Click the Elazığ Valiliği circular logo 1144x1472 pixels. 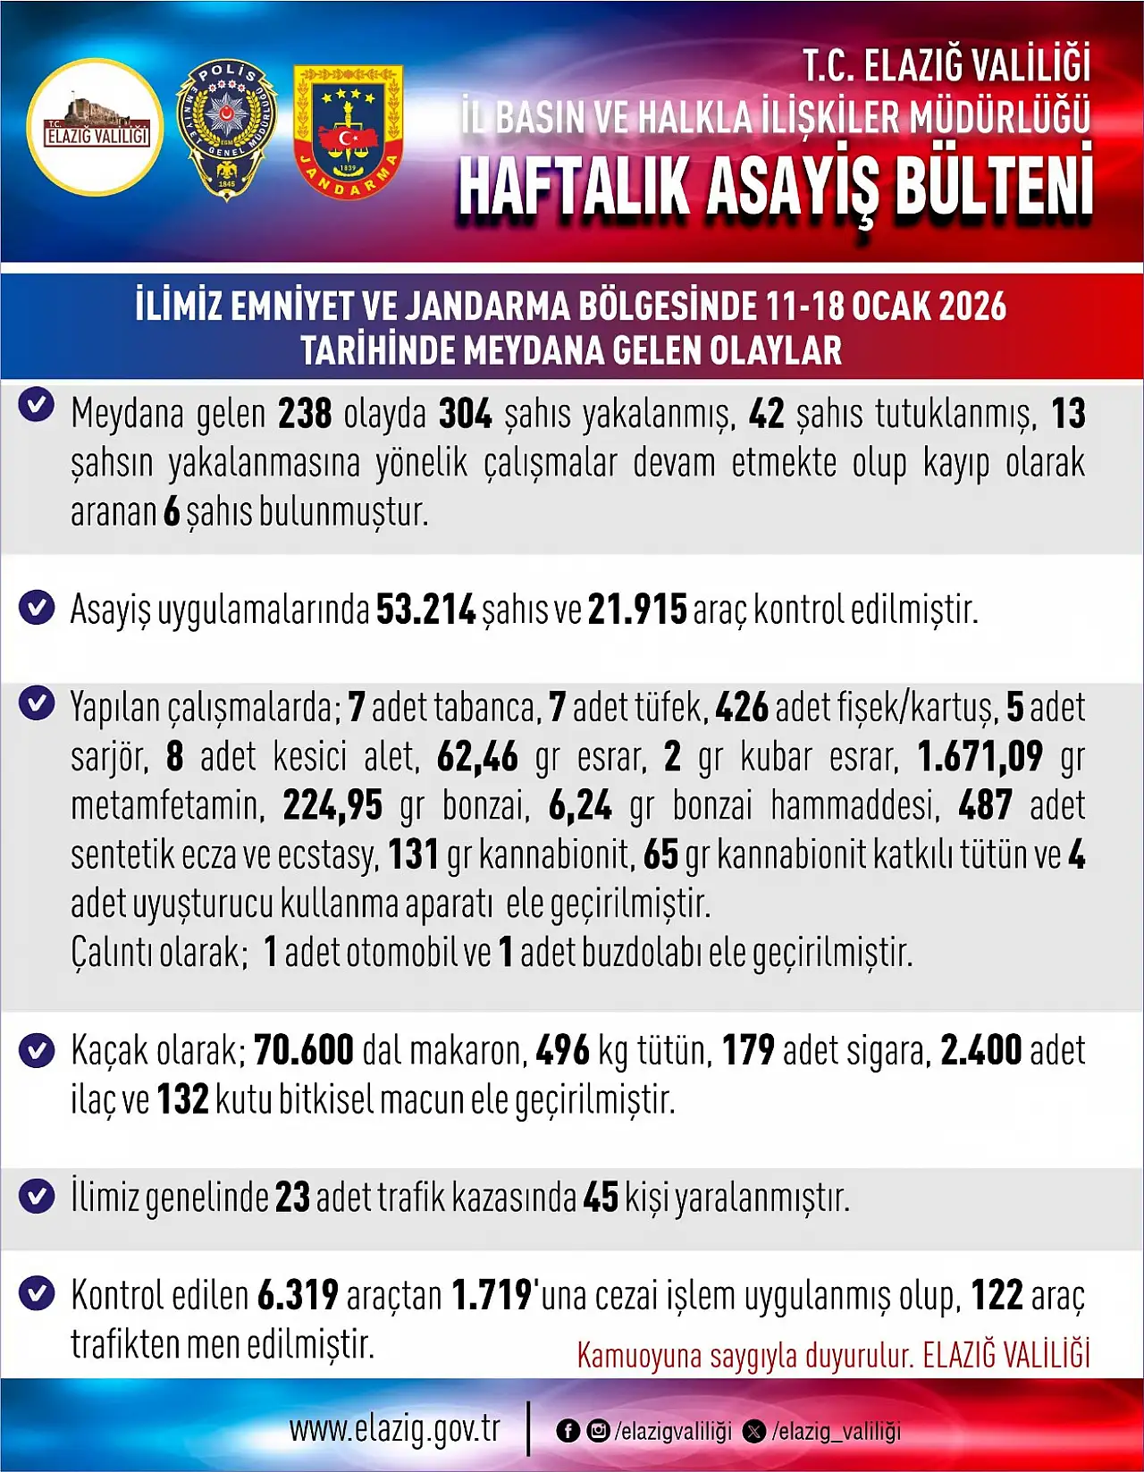[96, 127]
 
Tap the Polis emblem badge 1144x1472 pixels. [227, 130]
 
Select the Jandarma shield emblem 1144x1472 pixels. [348, 131]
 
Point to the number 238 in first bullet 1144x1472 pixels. [305, 415]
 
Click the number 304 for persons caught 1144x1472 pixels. [465, 415]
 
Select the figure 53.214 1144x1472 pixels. [425, 610]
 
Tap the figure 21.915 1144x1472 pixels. [637, 610]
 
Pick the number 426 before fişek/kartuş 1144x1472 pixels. [742, 708]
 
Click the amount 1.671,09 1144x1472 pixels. [980, 757]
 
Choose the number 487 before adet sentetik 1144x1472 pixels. [985, 806]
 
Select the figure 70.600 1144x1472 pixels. [304, 1051]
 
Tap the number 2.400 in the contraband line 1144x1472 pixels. [980, 1051]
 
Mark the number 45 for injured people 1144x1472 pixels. [601, 1198]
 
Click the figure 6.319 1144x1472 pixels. [298, 1295]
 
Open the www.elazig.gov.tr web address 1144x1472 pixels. [394, 1429]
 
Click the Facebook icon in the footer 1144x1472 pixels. [568, 1431]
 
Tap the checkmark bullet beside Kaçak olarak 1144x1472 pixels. [37, 1050]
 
